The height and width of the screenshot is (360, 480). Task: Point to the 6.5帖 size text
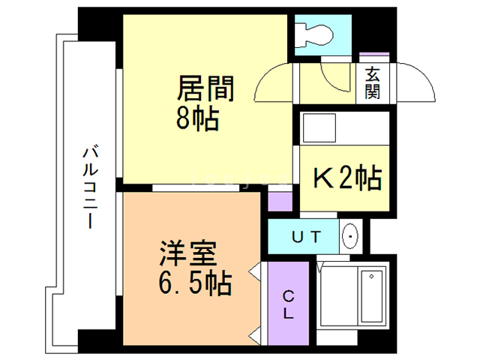click(193, 284)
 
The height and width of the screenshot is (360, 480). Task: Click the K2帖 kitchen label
click(346, 178)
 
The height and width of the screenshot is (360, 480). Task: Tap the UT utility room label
click(305, 238)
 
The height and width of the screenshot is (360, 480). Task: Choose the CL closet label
click(288, 304)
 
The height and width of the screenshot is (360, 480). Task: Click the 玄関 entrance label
click(373, 83)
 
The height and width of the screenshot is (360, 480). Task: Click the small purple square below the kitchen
click(280, 202)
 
